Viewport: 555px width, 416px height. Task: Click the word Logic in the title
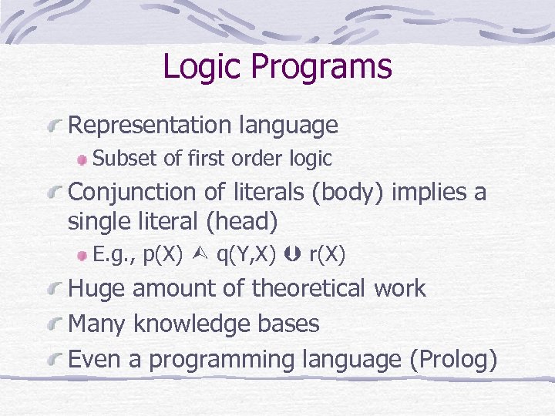[x=202, y=67]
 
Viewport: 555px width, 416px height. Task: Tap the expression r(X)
[x=326, y=254]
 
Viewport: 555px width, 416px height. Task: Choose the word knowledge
[x=190, y=324]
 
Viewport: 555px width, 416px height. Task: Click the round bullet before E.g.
[x=82, y=255]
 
